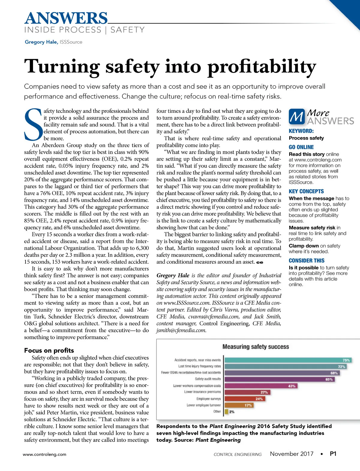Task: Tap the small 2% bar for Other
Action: [x=226, y=412]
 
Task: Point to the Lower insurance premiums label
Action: [x=202, y=392]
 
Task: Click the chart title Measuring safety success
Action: [x=256, y=347]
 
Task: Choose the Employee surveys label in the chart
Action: [x=208, y=399]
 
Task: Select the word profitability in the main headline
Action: [x=262, y=67]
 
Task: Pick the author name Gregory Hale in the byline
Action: [x=41, y=42]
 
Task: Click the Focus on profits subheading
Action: [x=49, y=350]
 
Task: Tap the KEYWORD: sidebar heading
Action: [x=301, y=131]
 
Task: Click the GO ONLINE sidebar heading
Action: [x=301, y=147]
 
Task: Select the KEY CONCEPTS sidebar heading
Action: [x=306, y=191]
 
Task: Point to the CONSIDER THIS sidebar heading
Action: [x=307, y=261]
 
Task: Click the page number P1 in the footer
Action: [x=333, y=454]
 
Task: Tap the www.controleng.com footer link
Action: [x=44, y=454]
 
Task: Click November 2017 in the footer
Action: [x=292, y=454]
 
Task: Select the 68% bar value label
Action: [x=334, y=373]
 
